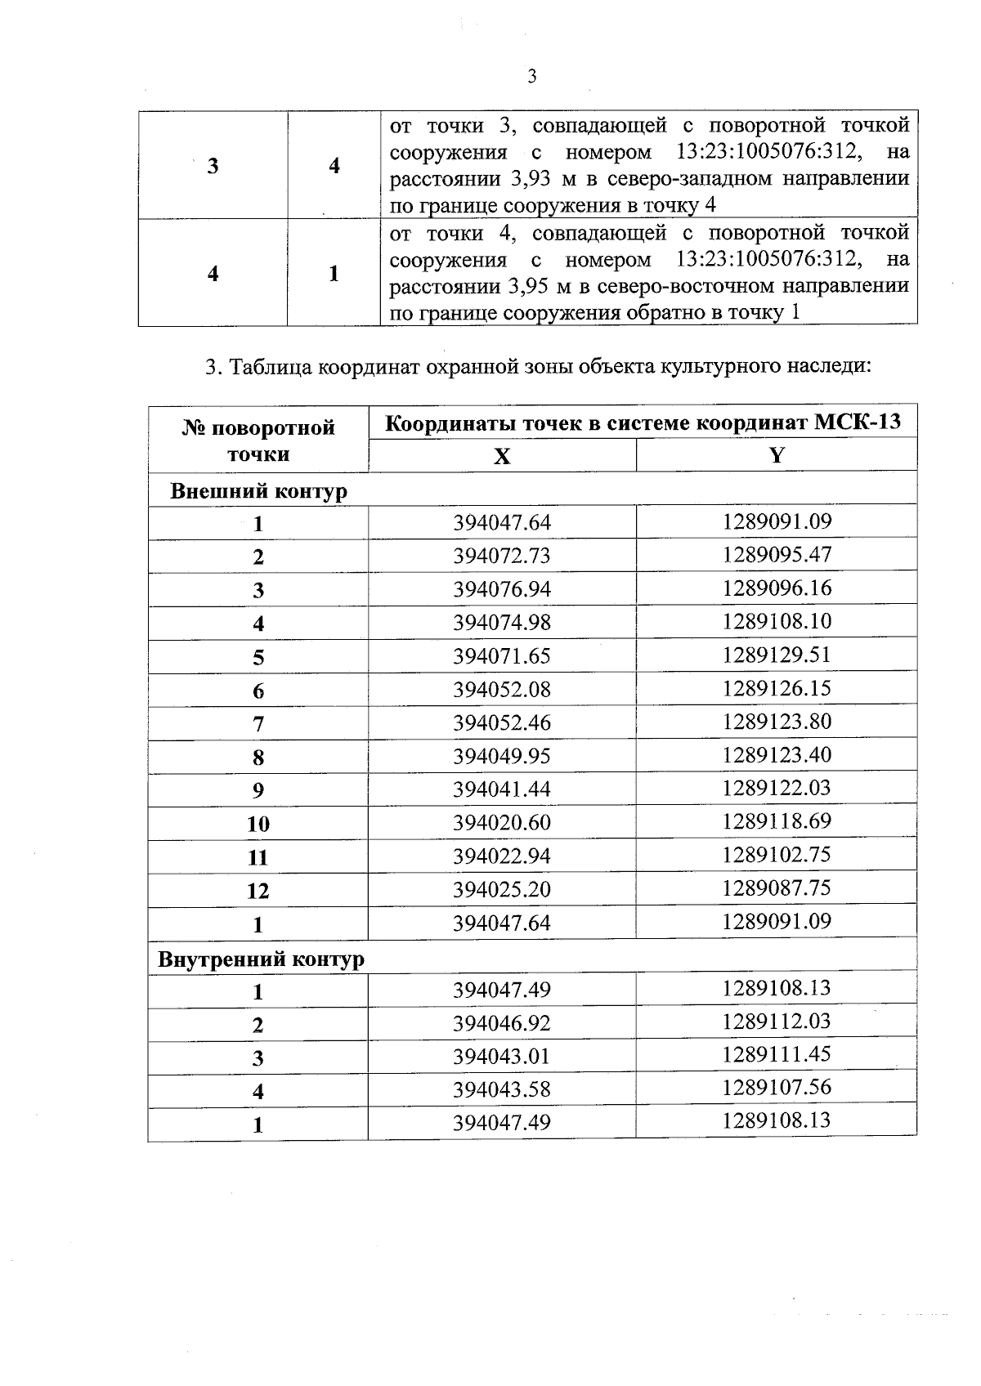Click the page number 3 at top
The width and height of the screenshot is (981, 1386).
pyautogui.click(x=532, y=77)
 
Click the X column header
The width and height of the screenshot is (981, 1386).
pyautogui.click(x=502, y=456)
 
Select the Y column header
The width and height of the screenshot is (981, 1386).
pyautogui.click(x=776, y=455)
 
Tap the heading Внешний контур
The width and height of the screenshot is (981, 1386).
pyautogui.click(x=258, y=491)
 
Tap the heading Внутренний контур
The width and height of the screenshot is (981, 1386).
pyautogui.click(x=261, y=959)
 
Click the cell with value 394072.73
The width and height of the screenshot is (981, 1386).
pyautogui.click(x=502, y=556)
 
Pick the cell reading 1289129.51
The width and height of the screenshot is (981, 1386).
pyautogui.click(x=776, y=655)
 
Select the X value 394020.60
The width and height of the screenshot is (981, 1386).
pyautogui.click(x=502, y=822)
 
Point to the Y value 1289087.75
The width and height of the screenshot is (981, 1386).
pyautogui.click(x=776, y=887)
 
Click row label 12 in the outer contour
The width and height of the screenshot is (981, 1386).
pyautogui.click(x=258, y=891)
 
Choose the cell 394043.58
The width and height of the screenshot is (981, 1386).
pyautogui.click(x=502, y=1089)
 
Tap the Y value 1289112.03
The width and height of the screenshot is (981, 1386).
pyautogui.click(x=776, y=1021)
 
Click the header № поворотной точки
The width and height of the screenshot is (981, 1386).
pyautogui.click(x=258, y=440)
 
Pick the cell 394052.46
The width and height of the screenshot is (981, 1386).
pyautogui.click(x=502, y=722)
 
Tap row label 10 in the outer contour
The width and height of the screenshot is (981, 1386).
pyautogui.click(x=258, y=824)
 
